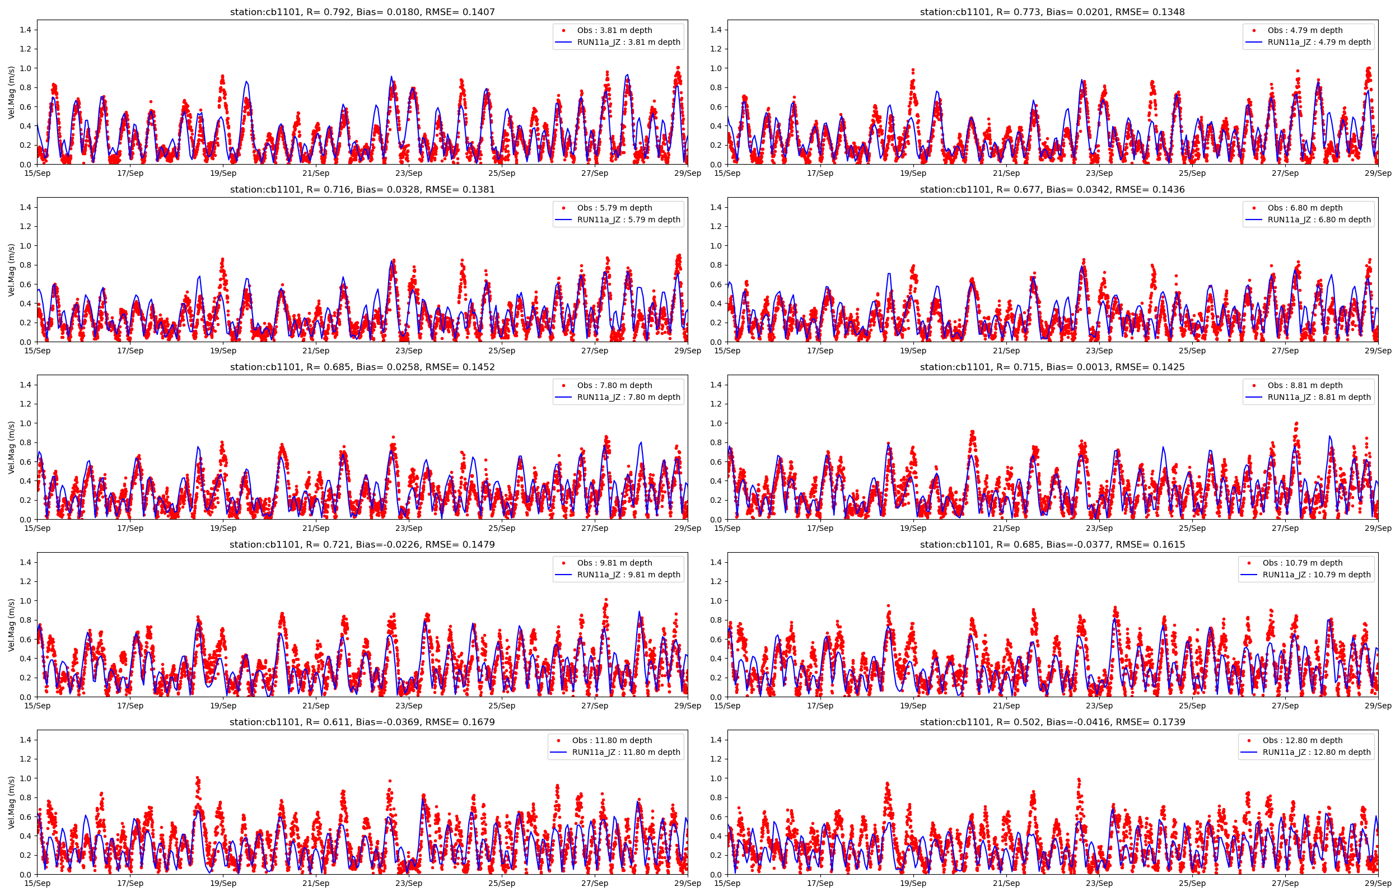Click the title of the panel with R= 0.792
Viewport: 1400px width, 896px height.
pos(362,12)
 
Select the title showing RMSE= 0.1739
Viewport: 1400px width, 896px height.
pos(1052,722)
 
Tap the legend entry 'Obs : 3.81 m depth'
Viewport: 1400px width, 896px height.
pos(614,30)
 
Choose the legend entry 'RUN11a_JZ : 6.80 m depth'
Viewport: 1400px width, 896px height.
pos(1319,220)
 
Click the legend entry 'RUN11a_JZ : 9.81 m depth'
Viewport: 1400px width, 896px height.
pos(628,574)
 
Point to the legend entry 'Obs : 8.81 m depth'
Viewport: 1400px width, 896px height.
pos(1305,385)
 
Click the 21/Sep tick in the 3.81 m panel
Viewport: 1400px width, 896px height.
pos(316,173)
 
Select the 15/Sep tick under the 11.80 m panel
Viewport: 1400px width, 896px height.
pos(37,883)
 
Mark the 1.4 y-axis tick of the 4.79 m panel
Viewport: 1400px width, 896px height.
pos(716,30)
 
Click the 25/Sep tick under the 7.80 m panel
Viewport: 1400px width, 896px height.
pos(501,528)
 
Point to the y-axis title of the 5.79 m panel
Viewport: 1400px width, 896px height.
pos(12,270)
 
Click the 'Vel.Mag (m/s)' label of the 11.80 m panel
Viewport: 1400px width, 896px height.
pos(12,802)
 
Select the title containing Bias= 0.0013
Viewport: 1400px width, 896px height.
pos(1052,367)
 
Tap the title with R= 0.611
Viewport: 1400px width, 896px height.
pos(362,722)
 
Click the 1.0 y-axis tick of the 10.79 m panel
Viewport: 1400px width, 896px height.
pos(716,600)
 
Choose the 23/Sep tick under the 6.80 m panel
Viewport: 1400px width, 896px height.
pos(1099,351)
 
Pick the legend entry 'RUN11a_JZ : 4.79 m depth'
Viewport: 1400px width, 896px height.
pos(1319,42)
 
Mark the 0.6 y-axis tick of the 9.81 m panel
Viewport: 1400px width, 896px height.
pos(25,639)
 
